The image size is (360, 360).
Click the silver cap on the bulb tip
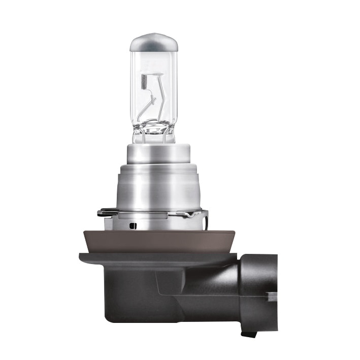pos(153,41)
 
